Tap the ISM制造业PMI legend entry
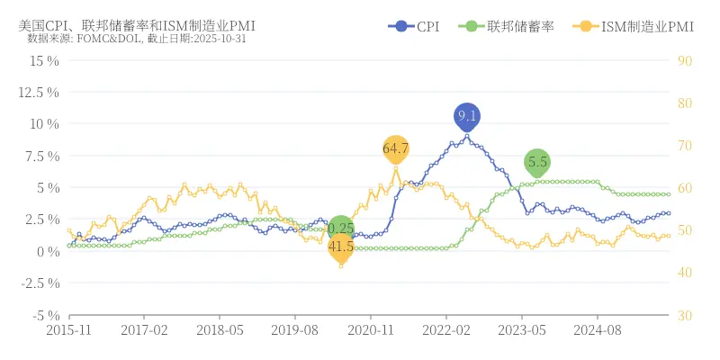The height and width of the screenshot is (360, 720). click(x=634, y=26)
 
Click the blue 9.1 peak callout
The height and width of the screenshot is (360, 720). click(x=466, y=116)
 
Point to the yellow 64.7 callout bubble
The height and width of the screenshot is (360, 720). click(x=396, y=148)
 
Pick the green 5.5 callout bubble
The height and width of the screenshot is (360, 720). click(x=537, y=163)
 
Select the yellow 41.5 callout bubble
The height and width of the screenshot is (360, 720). click(x=341, y=246)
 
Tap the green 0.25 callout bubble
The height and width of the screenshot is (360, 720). click(x=341, y=229)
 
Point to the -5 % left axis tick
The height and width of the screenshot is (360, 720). click(x=42, y=315)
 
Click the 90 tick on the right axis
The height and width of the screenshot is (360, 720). click(x=684, y=60)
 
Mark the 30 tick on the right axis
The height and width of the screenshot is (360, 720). click(x=684, y=315)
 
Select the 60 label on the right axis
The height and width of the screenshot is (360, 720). click(x=684, y=188)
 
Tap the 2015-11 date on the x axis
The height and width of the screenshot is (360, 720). click(x=69, y=330)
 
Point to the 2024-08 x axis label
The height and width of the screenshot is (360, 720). click(x=598, y=330)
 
